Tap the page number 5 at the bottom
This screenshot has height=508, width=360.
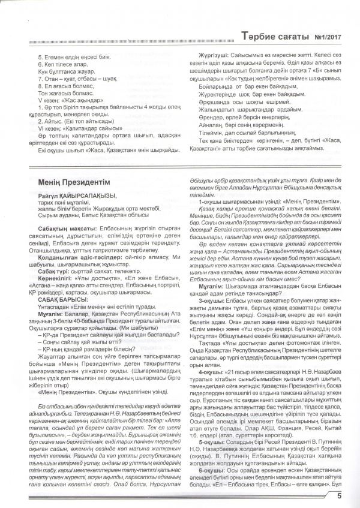(340, 495)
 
